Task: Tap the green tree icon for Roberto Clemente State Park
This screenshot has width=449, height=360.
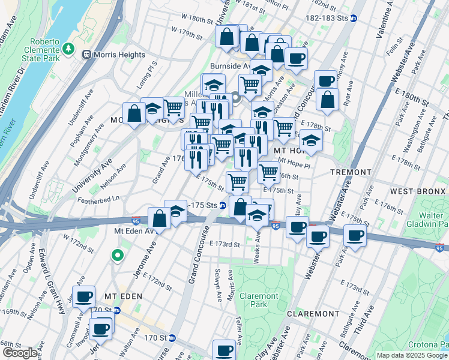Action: tap(70, 47)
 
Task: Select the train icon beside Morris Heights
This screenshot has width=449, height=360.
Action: tap(87, 55)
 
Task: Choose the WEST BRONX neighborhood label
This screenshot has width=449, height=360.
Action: tap(418, 191)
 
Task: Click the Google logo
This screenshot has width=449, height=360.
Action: tap(20, 353)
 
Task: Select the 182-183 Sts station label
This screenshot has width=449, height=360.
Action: tap(330, 18)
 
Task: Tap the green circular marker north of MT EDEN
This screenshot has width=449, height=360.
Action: tap(117, 256)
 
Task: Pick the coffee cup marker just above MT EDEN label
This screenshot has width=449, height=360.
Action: tap(83, 296)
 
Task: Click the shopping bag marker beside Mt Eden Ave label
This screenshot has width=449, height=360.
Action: tap(160, 218)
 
